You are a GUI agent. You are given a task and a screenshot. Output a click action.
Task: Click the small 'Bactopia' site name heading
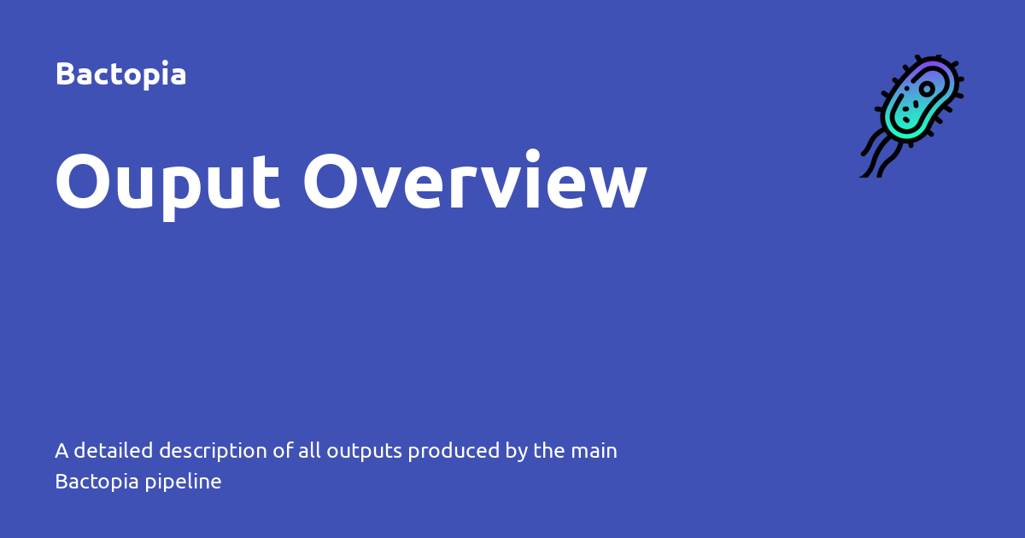click(120, 74)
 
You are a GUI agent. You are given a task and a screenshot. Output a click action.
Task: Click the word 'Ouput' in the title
click(167, 182)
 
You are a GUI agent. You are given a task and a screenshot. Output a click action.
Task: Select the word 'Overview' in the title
click(475, 182)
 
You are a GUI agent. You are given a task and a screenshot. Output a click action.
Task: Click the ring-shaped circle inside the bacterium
click(927, 89)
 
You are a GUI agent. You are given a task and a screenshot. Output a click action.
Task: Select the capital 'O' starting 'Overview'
click(332, 182)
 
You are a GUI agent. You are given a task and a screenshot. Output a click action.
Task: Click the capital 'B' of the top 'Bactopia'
click(63, 74)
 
